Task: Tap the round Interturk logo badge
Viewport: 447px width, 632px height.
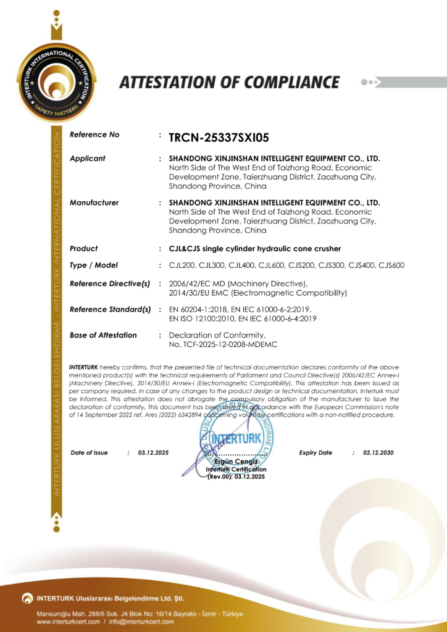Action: click(56, 83)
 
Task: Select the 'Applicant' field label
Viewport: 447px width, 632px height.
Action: click(88, 159)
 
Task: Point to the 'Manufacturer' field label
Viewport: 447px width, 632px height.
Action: click(94, 202)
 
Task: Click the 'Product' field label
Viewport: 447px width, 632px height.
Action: click(84, 249)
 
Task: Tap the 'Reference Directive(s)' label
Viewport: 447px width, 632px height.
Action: click(111, 283)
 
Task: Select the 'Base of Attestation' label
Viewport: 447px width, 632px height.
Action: click(104, 335)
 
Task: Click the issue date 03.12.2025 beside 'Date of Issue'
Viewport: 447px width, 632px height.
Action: click(153, 453)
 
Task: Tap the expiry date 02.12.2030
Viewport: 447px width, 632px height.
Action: click(378, 453)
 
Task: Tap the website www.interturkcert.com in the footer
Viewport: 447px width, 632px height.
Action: click(68, 622)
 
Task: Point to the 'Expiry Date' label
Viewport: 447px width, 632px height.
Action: click(315, 453)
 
